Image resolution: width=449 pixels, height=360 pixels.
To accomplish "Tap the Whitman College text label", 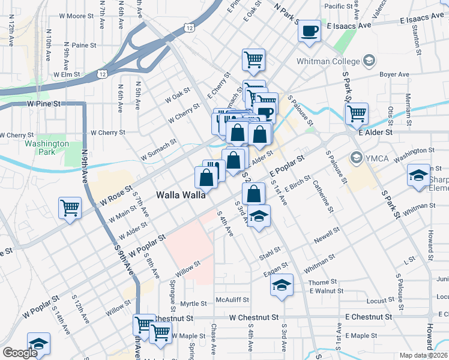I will click(x=328, y=61).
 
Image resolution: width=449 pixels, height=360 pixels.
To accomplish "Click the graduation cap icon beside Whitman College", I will click(x=369, y=61).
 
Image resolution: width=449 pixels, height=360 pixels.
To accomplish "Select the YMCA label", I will click(x=376, y=157).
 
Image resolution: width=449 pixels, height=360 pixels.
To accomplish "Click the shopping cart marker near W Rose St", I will click(x=70, y=208).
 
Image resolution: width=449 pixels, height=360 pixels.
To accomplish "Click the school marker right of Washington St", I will click(x=418, y=175).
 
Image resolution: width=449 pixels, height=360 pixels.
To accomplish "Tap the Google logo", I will click(x=20, y=353).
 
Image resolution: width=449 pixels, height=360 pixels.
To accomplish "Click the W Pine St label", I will click(x=44, y=103).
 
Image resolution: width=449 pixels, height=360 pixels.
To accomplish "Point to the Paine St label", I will click(x=84, y=45).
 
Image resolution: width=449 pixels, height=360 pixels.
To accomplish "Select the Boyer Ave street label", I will click(x=394, y=74).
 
